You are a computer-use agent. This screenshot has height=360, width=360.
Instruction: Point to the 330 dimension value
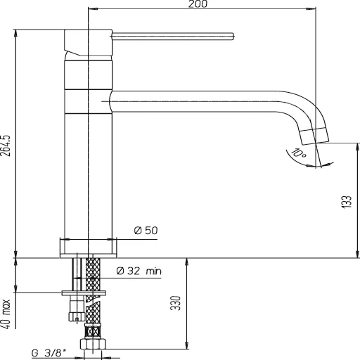176,303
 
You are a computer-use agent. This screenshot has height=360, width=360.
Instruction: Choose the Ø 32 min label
139,271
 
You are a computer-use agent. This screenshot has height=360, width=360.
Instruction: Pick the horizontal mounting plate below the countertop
84,292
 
